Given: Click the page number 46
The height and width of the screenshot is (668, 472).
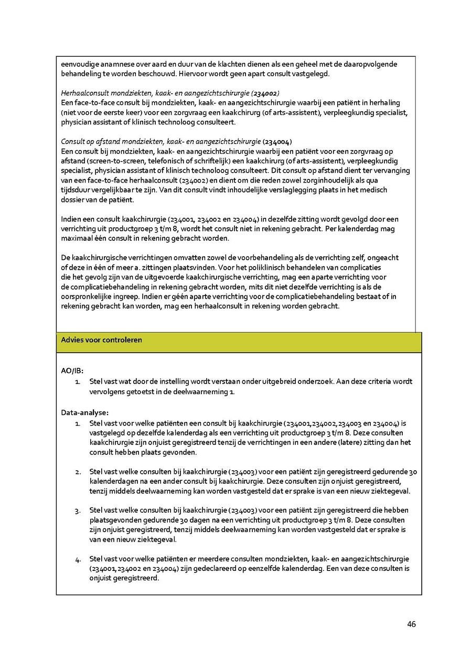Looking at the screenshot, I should (411, 624).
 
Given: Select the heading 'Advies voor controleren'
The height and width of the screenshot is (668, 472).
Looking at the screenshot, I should (101, 340).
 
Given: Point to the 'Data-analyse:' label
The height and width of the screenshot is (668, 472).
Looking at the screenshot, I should (84, 412).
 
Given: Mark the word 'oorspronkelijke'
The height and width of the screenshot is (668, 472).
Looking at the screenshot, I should (88, 296).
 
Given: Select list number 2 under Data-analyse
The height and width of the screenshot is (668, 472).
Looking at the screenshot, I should (78, 472).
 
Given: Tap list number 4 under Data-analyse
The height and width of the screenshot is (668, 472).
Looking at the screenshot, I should (78, 559).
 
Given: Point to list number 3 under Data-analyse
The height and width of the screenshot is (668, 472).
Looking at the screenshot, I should (78, 511).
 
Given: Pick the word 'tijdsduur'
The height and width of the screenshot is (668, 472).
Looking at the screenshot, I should (77, 190).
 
